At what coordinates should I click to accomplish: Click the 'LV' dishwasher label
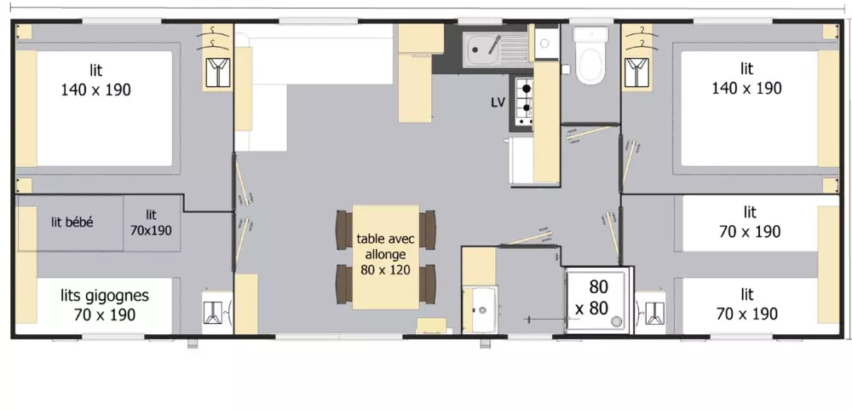tap(498, 102)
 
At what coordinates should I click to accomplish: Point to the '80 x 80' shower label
tap(598, 297)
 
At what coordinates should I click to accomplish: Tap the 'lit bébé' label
tap(72, 222)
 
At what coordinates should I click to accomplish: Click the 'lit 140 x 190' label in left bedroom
tap(96, 79)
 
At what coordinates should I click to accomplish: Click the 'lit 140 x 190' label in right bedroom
tap(746, 79)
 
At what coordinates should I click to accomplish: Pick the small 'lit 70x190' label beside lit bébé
tap(151, 222)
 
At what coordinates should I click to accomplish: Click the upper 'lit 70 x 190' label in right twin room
tap(748, 222)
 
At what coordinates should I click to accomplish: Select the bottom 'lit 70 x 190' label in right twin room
tap(746, 304)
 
